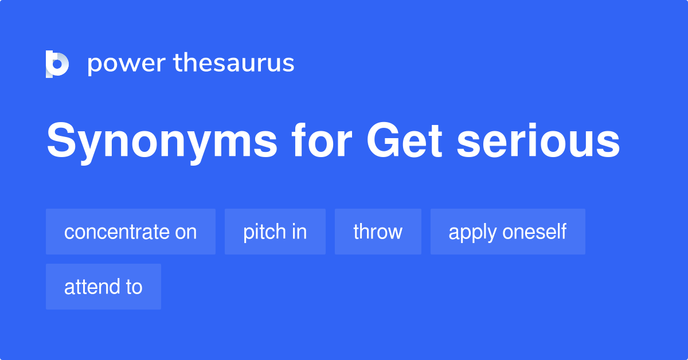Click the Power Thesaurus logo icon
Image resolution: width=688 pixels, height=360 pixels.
(57, 64)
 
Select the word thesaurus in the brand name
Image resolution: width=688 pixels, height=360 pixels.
(234, 63)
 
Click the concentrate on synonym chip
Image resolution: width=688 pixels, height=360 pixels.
(130, 232)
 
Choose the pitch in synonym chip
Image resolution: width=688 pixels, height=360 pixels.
(275, 232)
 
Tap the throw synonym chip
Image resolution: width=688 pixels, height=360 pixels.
(378, 232)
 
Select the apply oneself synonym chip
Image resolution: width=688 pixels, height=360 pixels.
(507, 232)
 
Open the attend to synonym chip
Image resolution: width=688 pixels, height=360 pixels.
(103, 287)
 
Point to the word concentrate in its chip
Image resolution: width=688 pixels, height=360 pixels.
(115, 232)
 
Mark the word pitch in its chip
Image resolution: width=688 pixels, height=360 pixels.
(263, 232)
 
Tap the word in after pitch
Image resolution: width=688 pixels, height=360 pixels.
(299, 232)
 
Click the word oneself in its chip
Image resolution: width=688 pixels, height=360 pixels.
(534, 232)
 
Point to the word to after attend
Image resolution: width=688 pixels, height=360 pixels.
(134, 287)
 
